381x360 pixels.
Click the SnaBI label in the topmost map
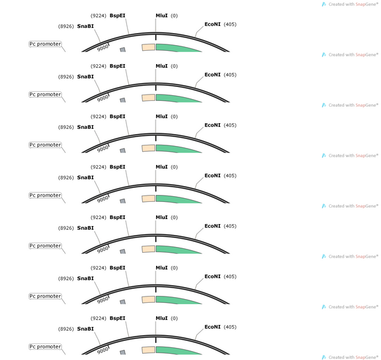pyautogui.click(x=85, y=26)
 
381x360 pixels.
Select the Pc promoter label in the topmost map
pyautogui.click(x=45, y=44)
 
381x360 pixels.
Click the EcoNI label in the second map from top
pyautogui.click(x=212, y=75)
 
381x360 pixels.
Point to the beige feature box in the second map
pyautogui.click(x=148, y=98)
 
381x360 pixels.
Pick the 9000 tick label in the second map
pyautogui.click(x=102, y=98)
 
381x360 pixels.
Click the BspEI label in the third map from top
pyautogui.click(x=117, y=117)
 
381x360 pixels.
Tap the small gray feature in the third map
pyautogui.click(x=123, y=150)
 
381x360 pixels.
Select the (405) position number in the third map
pyautogui.click(x=230, y=125)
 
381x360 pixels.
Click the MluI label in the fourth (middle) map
pyautogui.click(x=161, y=167)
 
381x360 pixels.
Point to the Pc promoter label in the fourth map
pyautogui.click(x=45, y=196)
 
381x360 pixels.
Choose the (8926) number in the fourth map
pyautogui.click(x=66, y=178)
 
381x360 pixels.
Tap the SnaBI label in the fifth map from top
pyautogui.click(x=85, y=228)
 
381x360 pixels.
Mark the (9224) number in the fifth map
pyautogui.click(x=98, y=217)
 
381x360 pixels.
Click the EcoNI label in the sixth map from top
pyautogui.click(x=212, y=277)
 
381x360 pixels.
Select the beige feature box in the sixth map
pyautogui.click(x=148, y=300)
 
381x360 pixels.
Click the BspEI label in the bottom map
pyautogui.click(x=117, y=319)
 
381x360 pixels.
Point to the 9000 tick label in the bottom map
pyautogui.click(x=102, y=350)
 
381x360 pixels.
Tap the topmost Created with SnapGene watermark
pyautogui.click(x=350, y=4)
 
